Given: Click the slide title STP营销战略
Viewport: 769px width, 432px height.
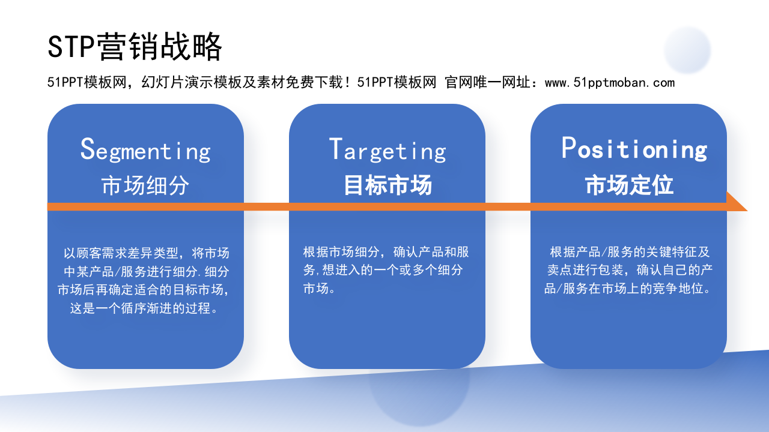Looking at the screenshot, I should click(135, 47).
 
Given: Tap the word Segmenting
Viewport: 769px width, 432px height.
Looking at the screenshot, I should click(145, 150).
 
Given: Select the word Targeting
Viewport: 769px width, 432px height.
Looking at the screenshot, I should click(388, 150).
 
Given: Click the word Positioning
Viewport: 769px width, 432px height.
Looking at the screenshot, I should click(634, 149).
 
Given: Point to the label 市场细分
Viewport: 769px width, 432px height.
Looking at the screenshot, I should click(145, 186).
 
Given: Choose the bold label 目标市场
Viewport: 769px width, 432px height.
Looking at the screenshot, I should click(388, 186).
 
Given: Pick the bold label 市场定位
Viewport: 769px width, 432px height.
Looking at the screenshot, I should click(629, 186).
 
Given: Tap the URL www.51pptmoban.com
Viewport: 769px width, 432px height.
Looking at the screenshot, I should click(609, 83).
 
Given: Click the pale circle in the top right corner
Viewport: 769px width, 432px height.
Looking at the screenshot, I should click(687, 50).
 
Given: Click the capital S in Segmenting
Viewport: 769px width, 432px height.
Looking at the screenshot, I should click(88, 149).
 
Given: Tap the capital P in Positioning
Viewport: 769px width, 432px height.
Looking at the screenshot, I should click(568, 148).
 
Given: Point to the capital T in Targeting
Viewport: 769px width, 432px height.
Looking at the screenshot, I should click(335, 149).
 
